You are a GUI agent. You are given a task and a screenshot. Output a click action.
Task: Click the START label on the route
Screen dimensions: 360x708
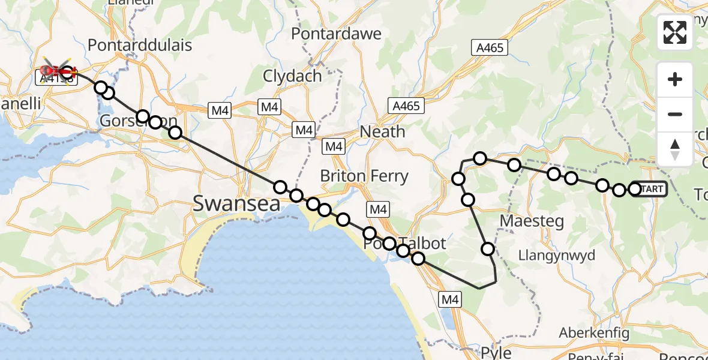(x=653, y=189)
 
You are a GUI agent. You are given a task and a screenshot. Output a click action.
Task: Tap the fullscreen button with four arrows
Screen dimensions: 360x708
(x=675, y=32)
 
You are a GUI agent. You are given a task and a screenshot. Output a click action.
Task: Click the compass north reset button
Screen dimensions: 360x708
(x=675, y=149)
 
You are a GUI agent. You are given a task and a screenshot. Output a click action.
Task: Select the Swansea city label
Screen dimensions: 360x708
(x=236, y=203)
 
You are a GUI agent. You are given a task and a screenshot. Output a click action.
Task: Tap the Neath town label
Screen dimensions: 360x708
(x=383, y=132)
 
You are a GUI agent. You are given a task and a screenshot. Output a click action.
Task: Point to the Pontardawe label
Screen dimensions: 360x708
(x=336, y=34)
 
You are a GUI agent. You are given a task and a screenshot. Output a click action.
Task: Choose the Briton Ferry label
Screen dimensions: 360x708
(x=364, y=176)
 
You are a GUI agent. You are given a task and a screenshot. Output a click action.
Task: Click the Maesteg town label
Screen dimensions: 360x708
(x=532, y=221)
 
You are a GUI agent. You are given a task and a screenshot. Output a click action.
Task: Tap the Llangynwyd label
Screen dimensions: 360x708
(x=557, y=255)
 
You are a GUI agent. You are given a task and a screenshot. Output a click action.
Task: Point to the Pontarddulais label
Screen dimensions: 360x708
(x=140, y=45)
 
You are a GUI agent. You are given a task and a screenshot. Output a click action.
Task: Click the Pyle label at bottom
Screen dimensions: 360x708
(x=496, y=352)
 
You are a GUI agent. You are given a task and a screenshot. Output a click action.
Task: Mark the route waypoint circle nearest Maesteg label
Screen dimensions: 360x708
(x=488, y=248)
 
